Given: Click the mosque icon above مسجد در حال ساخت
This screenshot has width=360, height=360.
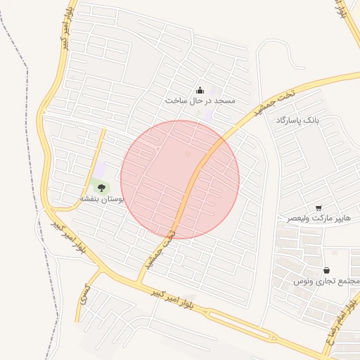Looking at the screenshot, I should click(x=200, y=90).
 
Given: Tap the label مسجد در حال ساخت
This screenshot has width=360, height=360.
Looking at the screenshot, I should click(x=200, y=101).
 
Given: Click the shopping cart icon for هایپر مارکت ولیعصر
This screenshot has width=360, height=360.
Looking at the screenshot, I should click(x=319, y=207).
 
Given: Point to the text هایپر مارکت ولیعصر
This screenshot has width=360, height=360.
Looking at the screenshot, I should click(x=318, y=219).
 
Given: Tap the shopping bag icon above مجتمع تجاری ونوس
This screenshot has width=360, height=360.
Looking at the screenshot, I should click(x=326, y=270).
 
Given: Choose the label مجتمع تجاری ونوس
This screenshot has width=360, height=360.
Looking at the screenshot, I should click(x=327, y=281).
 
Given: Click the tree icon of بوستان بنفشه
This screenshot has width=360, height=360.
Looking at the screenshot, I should click(x=101, y=188).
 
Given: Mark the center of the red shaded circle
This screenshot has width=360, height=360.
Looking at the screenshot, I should click(x=180, y=180).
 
